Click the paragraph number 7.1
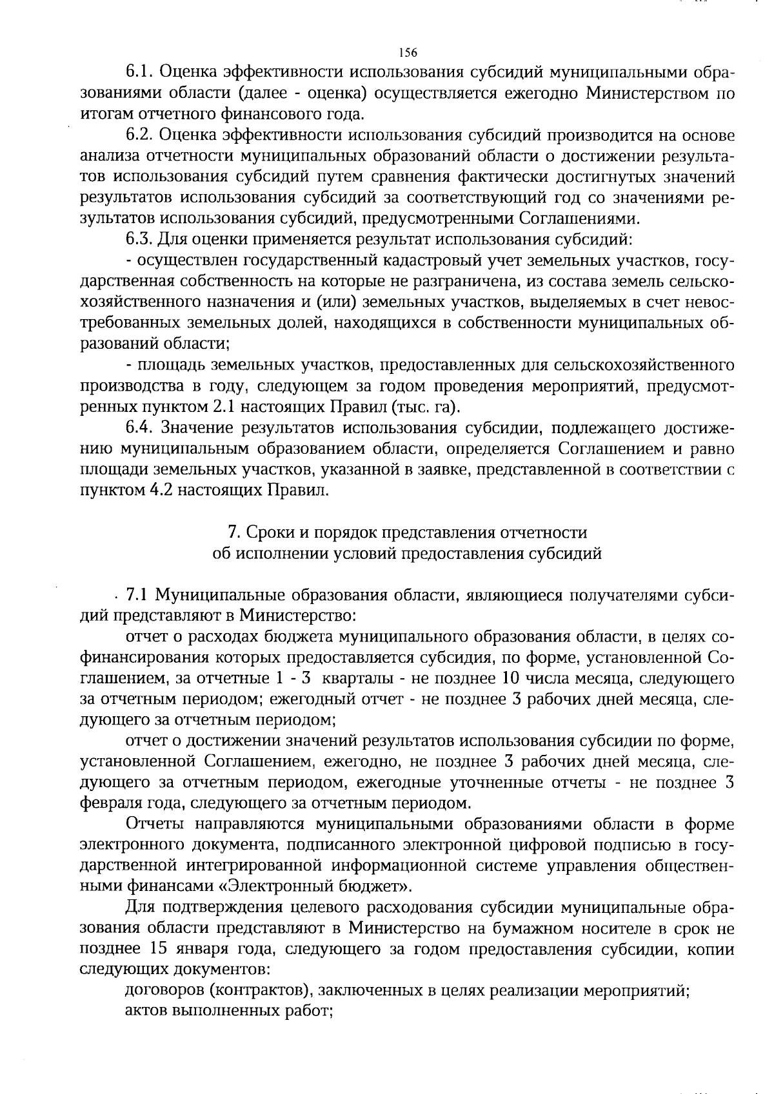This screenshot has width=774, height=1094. tap(137, 595)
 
